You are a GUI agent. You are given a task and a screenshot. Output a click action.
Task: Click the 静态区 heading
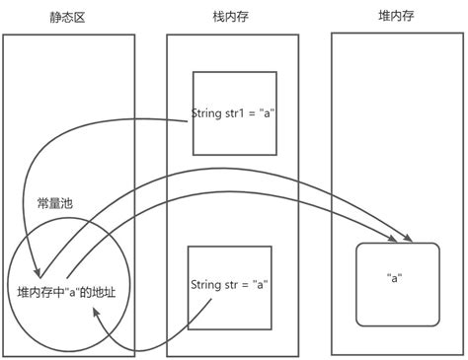click(x=67, y=19)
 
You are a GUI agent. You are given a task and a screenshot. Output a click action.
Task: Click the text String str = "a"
click(x=229, y=286)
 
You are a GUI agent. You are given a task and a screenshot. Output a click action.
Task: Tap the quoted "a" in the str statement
click(x=261, y=286)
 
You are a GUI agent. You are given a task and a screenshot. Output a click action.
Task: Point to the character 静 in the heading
click(x=55, y=19)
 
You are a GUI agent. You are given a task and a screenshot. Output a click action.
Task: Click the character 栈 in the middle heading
click(x=219, y=18)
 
